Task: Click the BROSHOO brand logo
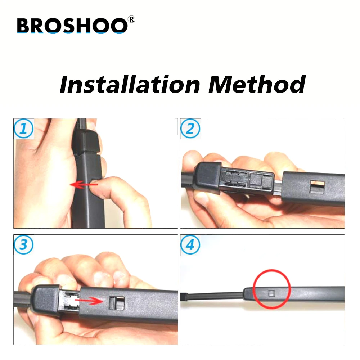pyautogui.click(x=76, y=25)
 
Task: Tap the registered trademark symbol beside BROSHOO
pyautogui.click(x=131, y=19)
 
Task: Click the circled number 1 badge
pyautogui.click(x=24, y=129)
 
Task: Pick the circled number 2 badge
pyautogui.click(x=190, y=129)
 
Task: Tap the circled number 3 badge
pyautogui.click(x=24, y=244)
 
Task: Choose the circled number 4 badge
pyautogui.click(x=190, y=244)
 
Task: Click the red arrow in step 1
pyautogui.click(x=84, y=184)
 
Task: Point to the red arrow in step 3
pyautogui.click(x=89, y=300)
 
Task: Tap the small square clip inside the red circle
pyautogui.click(x=272, y=293)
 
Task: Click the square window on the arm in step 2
pyautogui.click(x=317, y=187)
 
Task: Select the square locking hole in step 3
pyautogui.click(x=117, y=303)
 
